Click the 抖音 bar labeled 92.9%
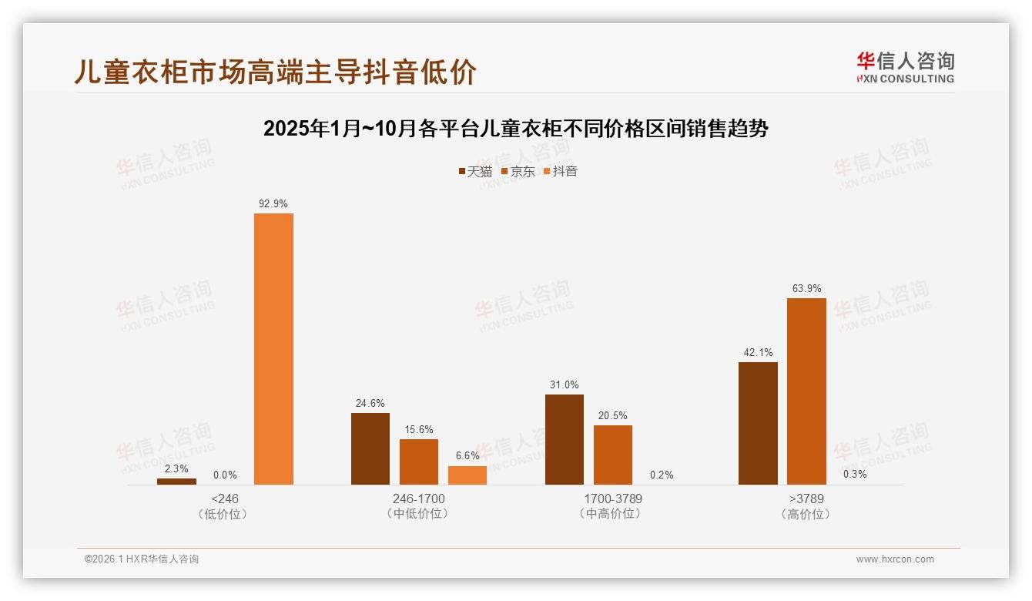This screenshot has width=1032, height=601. (273, 348)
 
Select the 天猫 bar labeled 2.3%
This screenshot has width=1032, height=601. (176, 482)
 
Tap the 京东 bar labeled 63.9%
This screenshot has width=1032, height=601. (806, 391)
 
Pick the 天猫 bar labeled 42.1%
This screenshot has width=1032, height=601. (758, 423)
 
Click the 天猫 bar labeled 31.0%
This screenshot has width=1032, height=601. (564, 439)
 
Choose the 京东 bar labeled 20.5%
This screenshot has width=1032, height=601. (612, 455)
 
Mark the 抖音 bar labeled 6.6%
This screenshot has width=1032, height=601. (467, 475)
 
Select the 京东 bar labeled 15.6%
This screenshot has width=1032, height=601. (419, 462)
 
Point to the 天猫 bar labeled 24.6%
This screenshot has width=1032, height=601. (370, 448)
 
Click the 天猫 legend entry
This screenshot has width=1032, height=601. (475, 172)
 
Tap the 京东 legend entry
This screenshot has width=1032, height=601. (518, 172)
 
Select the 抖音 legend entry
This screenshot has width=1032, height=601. (561, 172)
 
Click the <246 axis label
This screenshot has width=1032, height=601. (225, 499)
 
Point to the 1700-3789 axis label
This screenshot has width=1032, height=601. (612, 499)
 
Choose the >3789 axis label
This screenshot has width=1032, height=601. (806, 499)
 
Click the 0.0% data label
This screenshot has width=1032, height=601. (225, 475)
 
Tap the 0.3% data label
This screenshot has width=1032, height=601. (855, 474)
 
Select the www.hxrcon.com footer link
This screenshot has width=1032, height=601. (895, 559)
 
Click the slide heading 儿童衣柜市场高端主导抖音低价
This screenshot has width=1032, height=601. (276, 72)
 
